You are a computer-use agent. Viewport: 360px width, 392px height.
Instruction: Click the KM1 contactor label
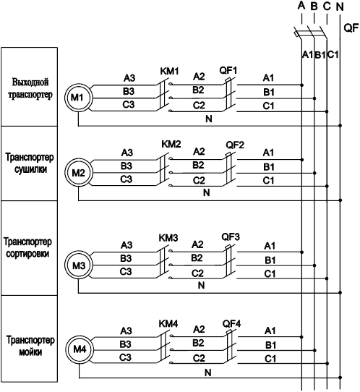169,72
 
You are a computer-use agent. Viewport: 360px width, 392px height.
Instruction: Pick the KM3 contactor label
168,238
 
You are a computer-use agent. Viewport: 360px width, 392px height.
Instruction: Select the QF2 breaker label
235,145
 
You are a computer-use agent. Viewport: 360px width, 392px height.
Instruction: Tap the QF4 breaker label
231,324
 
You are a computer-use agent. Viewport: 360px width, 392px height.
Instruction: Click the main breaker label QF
351,28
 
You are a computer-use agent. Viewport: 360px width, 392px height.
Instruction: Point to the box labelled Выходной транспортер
29,87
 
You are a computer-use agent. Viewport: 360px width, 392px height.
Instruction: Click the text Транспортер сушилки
30,163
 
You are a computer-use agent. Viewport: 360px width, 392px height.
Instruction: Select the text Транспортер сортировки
27,247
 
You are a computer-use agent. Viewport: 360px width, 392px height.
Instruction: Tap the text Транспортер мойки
30,346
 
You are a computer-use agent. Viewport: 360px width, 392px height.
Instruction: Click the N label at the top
340,7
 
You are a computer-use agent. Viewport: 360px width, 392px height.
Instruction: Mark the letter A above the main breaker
301,6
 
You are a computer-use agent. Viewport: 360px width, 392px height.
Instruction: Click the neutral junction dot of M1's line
340,126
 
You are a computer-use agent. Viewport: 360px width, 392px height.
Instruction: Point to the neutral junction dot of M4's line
340,378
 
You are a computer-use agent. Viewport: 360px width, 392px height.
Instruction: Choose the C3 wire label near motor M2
127,179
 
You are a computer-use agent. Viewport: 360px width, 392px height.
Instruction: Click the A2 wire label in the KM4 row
199,330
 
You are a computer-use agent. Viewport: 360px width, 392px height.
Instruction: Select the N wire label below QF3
201,285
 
